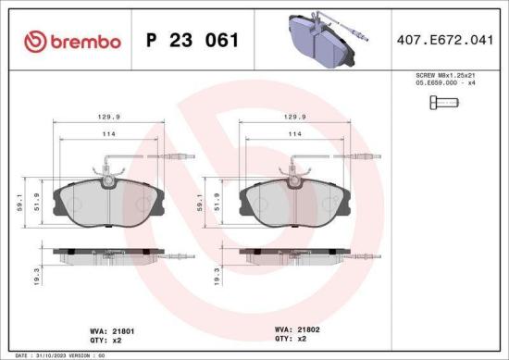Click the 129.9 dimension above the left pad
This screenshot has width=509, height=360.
[x=109, y=118]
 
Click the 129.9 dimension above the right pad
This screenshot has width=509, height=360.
[x=295, y=118]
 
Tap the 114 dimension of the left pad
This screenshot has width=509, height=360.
[x=109, y=135]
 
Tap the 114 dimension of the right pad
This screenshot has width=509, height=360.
[x=295, y=135]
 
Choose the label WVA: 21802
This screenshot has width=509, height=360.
[x=295, y=329]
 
